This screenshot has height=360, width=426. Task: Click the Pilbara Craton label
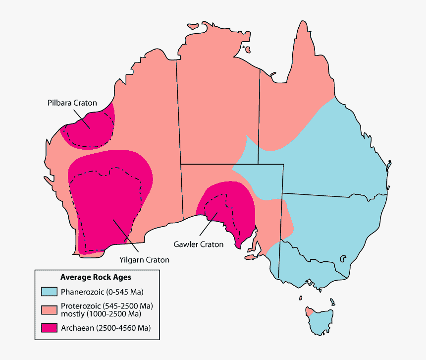72,103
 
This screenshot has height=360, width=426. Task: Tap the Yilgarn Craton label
144,259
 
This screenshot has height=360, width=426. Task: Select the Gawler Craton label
198,244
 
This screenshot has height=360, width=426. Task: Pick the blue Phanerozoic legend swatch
49,291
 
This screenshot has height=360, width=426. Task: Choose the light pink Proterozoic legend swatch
49,309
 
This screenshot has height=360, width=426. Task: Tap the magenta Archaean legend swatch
49,328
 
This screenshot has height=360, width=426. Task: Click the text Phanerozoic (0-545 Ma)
102,291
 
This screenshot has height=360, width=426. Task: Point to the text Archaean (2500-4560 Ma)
106,328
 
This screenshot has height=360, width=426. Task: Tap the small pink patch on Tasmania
308,311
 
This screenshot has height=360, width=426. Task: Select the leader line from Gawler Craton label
208,223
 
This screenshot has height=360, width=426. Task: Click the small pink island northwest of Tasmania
300,298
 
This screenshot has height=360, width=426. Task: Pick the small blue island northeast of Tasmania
332,300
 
